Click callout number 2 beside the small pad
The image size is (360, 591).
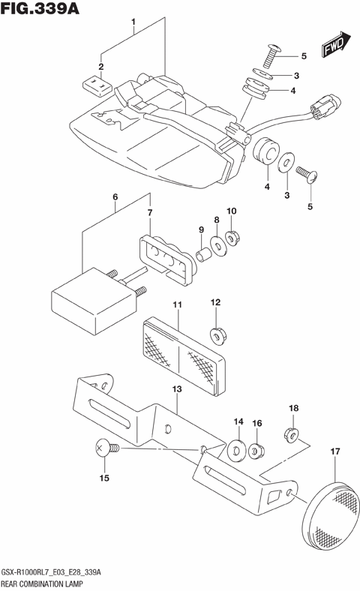(x=100, y=67)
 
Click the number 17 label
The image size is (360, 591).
(x=334, y=451)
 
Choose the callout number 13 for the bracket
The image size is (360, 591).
(x=176, y=389)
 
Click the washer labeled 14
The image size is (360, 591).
(x=236, y=451)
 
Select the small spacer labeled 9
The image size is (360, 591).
(x=202, y=256)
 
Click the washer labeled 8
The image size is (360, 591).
(x=217, y=244)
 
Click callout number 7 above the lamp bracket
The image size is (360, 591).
(x=149, y=214)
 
